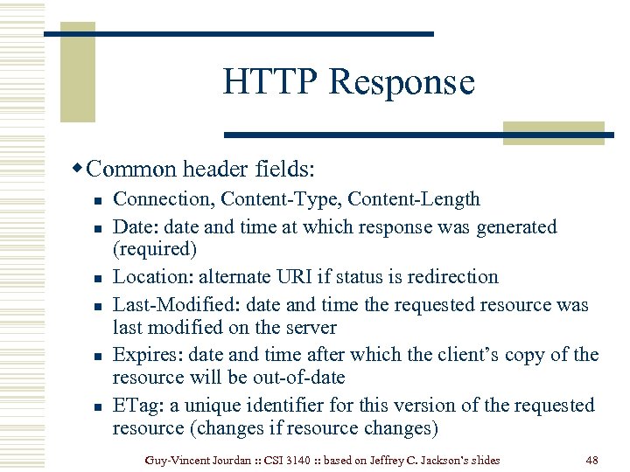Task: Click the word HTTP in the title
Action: [262, 82]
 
